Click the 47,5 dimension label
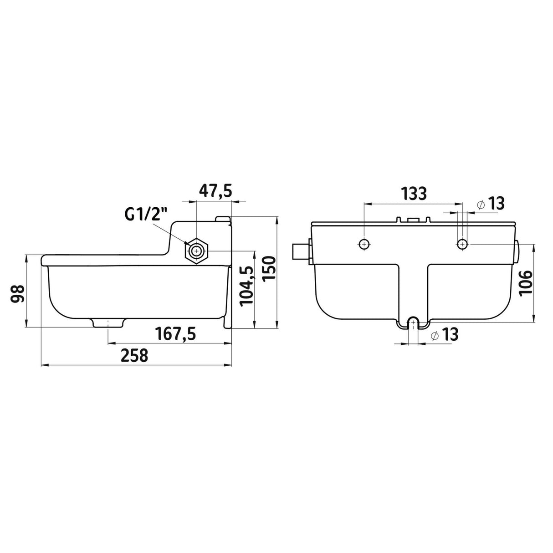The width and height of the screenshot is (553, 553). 215,190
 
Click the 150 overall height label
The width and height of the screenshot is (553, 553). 269,269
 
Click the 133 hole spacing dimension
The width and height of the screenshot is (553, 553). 414,193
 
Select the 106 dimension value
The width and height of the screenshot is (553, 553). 526,282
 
